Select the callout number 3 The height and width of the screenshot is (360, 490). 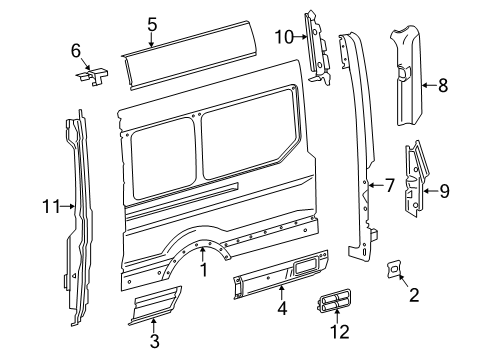[154, 343]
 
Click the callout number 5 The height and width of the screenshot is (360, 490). [151, 23]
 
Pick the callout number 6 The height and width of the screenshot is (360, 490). [75, 50]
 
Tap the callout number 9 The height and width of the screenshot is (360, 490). [445, 190]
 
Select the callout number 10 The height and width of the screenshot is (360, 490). [283, 37]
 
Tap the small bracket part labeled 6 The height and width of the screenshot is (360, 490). [95, 74]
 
